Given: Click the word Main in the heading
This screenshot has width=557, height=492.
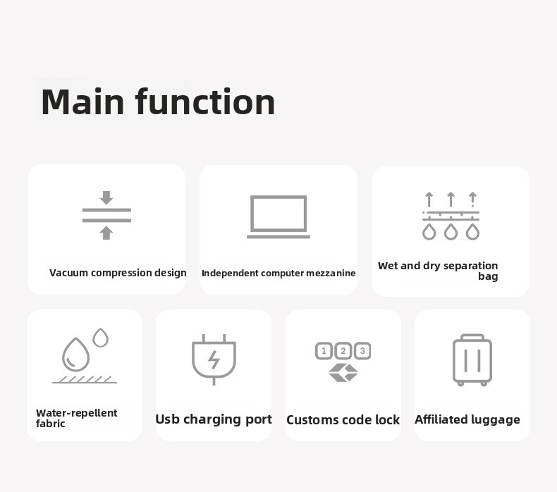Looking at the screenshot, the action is (82, 102).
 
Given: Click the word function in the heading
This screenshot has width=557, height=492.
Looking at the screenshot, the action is (206, 102).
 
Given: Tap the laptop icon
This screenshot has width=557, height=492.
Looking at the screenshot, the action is (278, 216).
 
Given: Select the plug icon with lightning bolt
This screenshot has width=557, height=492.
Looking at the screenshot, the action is (214, 359).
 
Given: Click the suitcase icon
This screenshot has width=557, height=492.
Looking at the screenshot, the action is (472, 360).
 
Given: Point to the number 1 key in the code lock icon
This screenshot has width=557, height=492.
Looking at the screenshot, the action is (324, 351).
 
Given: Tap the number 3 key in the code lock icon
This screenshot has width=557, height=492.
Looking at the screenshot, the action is (362, 351).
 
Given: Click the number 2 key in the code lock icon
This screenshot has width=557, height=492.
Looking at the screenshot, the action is (343, 351).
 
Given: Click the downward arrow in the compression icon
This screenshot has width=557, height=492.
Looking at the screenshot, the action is (106, 197).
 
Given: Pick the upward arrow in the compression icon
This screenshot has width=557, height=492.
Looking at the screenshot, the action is (106, 233).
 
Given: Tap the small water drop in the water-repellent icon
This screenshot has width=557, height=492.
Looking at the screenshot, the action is (101, 338).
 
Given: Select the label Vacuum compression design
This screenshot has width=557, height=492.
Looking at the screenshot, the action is (118, 273).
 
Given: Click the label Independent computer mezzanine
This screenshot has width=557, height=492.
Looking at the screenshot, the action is (278, 273).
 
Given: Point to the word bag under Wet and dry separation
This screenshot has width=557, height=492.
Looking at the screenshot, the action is (488, 276).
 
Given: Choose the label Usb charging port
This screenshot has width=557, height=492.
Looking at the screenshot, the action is (214, 419).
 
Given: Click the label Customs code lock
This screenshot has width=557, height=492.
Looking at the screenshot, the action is (343, 420).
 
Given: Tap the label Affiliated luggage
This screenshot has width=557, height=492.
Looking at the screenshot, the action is (467, 419).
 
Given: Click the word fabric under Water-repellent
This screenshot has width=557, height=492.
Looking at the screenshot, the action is (51, 424).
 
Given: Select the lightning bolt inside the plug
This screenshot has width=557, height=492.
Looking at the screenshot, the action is (214, 359).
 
